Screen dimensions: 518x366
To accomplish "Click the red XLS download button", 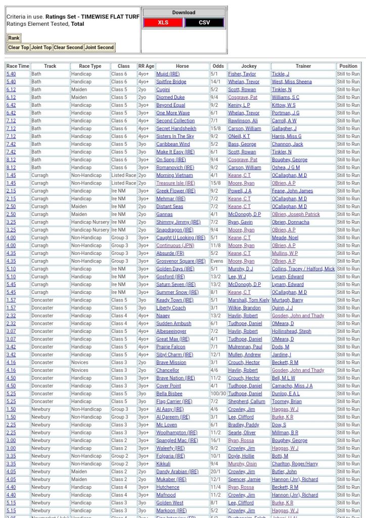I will [163, 22].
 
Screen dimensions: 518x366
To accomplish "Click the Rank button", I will [14, 38].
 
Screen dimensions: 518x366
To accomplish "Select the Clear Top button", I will [18, 48].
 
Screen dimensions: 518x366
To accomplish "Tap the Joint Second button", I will [99, 48].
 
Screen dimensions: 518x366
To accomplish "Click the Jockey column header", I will [249, 66].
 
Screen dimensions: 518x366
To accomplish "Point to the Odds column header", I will [218, 66].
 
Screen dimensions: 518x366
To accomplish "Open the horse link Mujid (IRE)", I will [168, 74].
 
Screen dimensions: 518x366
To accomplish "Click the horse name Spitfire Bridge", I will [171, 82].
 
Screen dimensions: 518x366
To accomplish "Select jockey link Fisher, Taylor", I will [242, 74].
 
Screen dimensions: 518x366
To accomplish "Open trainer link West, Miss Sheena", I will [292, 82].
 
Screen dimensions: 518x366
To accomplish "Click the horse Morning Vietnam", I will [174, 176].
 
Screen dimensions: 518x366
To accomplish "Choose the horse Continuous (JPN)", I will [175, 245].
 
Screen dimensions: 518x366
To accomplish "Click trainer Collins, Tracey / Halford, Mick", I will [303, 269].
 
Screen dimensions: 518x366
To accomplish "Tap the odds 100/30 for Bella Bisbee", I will [218, 394].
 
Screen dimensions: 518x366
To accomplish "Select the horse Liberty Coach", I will [171, 308].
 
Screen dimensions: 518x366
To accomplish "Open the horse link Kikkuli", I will [163, 464].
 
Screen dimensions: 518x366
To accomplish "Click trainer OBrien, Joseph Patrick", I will [296, 214].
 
